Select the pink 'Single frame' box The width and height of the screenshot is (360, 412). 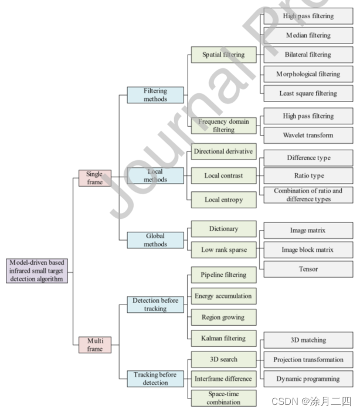(94, 178)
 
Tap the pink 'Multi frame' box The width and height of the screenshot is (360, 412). (94, 345)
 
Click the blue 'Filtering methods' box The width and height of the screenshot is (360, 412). (155, 95)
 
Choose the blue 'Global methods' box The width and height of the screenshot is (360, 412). (155, 240)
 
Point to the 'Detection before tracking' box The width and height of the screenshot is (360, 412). (155, 305)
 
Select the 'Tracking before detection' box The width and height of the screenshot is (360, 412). (155, 379)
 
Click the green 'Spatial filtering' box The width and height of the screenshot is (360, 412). (224, 56)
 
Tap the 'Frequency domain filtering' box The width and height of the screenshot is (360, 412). (224, 126)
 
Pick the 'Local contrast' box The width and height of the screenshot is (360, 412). (224, 175)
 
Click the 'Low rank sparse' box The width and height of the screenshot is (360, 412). (224, 250)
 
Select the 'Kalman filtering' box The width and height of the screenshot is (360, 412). (224, 339)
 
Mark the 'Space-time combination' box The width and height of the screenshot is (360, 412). (224, 398)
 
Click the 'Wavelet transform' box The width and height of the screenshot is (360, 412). (308, 135)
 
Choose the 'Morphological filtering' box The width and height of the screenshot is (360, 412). (308, 74)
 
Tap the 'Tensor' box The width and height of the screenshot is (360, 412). (308, 269)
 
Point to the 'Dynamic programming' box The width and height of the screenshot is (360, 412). (308, 379)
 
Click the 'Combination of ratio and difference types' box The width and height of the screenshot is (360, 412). (308, 195)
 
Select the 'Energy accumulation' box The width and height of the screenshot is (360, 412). (224, 296)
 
